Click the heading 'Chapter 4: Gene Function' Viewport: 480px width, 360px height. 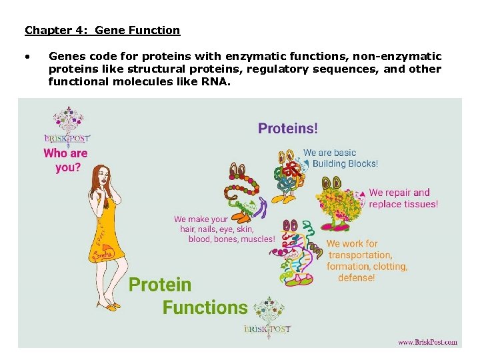tap(102, 30)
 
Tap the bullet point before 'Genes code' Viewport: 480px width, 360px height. tap(27, 57)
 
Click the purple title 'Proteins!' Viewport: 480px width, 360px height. tap(288, 129)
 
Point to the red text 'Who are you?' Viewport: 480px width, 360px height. tap(65, 160)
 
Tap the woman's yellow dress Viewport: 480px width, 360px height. tap(107, 227)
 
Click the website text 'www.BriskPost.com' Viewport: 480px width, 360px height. tap(427, 342)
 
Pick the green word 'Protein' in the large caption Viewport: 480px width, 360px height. tap(160, 285)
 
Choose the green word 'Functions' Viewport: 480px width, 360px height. tap(205, 308)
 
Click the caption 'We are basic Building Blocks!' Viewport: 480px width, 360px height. tap(340, 158)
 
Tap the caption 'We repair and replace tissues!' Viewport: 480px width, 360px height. tap(403, 199)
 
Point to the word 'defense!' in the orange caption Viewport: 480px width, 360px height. tap(356, 277)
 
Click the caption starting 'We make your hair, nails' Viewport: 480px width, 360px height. tap(223, 229)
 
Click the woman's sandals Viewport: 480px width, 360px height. tap(107, 305)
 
